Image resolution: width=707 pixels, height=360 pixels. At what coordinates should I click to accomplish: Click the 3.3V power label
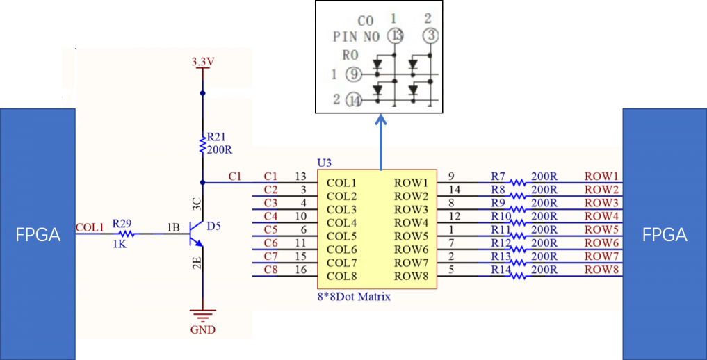[202, 62]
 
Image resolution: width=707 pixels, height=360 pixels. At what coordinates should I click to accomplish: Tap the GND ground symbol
[202, 314]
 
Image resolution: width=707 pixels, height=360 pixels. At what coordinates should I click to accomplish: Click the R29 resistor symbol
[127, 234]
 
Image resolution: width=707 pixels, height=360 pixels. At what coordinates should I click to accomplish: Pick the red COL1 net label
[90, 227]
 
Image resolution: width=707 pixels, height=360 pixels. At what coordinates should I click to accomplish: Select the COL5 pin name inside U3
[342, 236]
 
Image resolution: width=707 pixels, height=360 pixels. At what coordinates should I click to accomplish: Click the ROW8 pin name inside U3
[411, 276]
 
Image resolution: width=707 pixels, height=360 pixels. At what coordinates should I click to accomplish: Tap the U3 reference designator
[325, 162]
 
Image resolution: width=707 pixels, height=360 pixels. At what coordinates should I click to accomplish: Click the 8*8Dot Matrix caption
[353, 297]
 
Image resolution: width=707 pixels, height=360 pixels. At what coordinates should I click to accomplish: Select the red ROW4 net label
[601, 216]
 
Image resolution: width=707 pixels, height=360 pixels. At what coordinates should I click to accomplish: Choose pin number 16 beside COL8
[301, 270]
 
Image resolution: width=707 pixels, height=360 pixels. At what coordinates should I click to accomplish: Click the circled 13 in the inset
[396, 35]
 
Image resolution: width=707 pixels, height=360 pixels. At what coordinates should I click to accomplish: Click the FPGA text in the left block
[38, 235]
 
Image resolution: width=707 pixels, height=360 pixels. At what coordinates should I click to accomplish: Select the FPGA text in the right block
[665, 235]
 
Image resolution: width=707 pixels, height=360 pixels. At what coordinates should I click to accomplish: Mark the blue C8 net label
[270, 270]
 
